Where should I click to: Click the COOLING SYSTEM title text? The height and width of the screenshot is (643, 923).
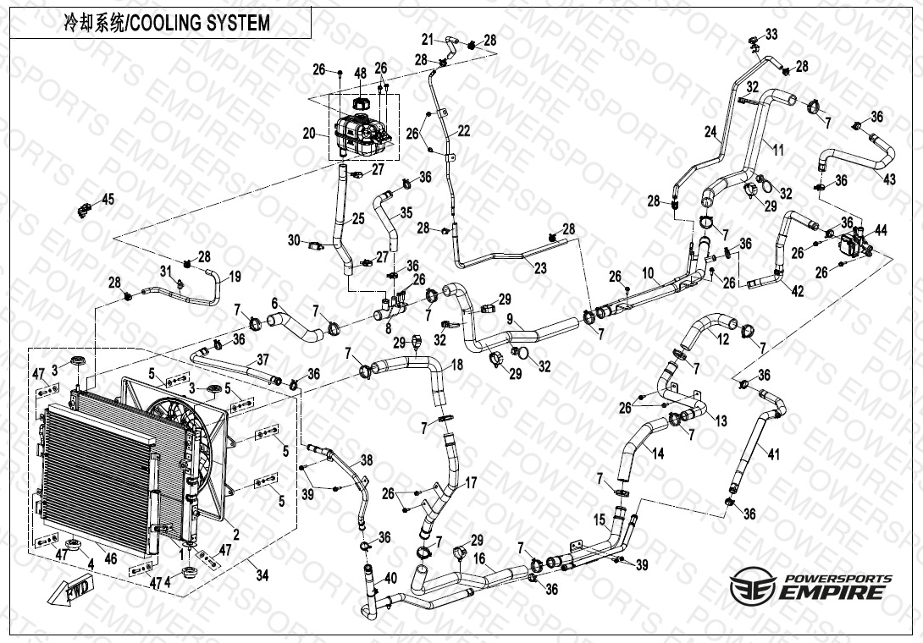click(x=167, y=23)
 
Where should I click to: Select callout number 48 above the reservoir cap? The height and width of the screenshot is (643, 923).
click(x=360, y=74)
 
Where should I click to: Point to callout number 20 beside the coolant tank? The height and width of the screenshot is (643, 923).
click(x=308, y=133)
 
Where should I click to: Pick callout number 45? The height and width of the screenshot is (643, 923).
click(x=108, y=200)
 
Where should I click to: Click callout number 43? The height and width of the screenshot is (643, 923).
click(x=888, y=179)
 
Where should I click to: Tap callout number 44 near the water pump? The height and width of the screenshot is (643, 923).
click(x=881, y=230)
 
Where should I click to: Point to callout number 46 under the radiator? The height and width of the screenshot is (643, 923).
click(x=110, y=559)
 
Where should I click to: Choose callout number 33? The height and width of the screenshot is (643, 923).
click(x=771, y=34)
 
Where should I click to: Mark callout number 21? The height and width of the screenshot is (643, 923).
click(x=428, y=39)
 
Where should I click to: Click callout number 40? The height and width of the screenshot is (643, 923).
click(x=390, y=579)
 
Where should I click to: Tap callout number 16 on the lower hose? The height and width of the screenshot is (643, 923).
click(x=479, y=559)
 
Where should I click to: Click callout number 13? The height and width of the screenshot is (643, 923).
click(x=721, y=420)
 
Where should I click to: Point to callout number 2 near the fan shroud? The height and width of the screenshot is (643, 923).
click(x=236, y=534)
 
